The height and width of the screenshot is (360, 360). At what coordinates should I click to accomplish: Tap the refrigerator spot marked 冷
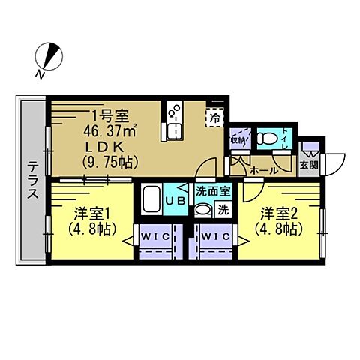[216, 117]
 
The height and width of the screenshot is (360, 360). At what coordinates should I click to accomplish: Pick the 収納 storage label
[238, 139]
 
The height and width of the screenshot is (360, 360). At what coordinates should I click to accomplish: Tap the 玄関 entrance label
[308, 164]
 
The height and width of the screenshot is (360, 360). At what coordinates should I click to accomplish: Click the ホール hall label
[262, 170]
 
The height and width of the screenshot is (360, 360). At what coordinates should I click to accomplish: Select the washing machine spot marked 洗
[223, 211]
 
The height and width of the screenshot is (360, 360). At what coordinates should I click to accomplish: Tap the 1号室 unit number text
[109, 116]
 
